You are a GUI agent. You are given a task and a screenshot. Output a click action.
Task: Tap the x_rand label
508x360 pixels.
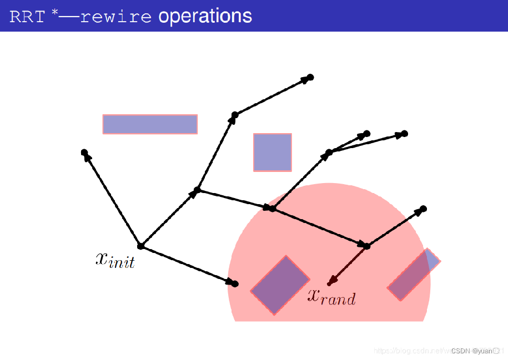pos(331,297)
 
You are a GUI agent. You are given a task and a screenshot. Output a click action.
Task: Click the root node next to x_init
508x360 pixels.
pos(140,246)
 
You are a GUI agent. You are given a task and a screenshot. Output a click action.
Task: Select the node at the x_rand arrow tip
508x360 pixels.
pos(329,284)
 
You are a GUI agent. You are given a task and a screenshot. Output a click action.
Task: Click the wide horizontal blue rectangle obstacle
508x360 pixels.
pos(150,124)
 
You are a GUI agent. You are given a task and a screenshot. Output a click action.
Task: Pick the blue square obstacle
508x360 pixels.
pos(273,152)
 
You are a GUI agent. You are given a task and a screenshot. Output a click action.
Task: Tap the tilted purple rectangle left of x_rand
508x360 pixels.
pos(280,285)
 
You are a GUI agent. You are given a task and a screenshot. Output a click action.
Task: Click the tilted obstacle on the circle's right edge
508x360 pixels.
pos(414,275)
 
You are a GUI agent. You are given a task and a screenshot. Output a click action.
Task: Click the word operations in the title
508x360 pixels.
pos(205,16)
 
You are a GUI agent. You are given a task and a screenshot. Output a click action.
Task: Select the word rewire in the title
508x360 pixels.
pos(115,17)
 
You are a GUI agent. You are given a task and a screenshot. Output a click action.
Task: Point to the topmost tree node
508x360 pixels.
pos(311,77)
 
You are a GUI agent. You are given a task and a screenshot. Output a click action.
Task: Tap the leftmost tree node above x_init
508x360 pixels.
pos(84,152)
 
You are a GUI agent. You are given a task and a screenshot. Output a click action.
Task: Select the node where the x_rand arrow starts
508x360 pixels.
pos(366,246)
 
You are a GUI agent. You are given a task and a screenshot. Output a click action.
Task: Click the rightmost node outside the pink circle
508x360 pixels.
pos(404,134)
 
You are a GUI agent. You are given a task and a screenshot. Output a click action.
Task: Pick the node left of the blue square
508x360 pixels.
pos(234,115)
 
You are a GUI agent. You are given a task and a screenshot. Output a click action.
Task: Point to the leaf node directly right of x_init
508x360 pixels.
pos(235,284)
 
